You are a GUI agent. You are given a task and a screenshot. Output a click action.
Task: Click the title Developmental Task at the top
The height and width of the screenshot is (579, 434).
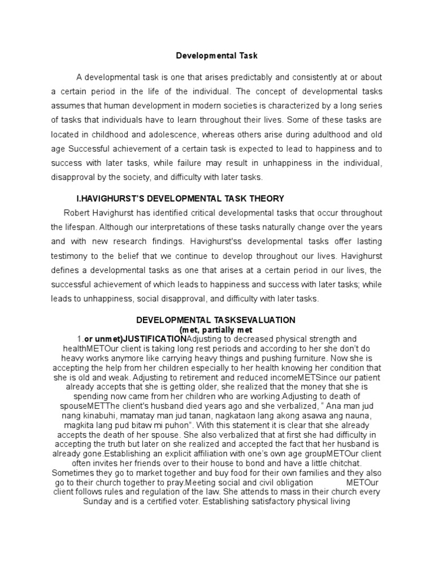[x=217, y=56]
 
